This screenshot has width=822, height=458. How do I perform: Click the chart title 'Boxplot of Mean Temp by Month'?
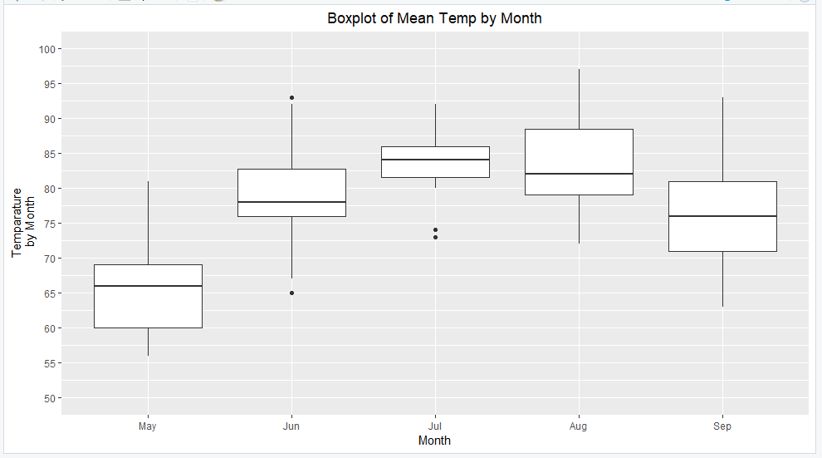coord(434,17)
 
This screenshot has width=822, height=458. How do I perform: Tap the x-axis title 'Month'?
coord(434,441)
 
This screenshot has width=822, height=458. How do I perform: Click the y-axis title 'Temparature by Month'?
coord(23,222)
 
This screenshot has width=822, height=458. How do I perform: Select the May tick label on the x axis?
coord(148,426)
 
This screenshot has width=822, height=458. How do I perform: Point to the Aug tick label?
coord(579,426)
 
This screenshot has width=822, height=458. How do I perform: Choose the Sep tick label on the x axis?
coord(722,426)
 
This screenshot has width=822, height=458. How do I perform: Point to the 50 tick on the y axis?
coord(48,398)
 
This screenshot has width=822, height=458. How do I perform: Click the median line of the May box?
coord(148,286)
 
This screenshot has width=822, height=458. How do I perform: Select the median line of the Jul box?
coord(435,160)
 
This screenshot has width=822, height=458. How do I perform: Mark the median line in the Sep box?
coord(722,216)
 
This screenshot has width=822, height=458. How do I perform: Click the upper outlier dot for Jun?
coord(291,98)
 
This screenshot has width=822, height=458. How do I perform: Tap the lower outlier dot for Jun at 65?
coord(291,293)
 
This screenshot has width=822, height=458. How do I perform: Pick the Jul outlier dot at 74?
coord(435,230)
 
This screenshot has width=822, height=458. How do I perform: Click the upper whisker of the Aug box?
coord(579,100)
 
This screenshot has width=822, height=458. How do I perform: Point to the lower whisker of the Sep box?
coord(722,278)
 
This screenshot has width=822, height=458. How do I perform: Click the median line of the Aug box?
coord(579,174)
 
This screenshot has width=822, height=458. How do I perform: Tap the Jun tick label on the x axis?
coord(291,426)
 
